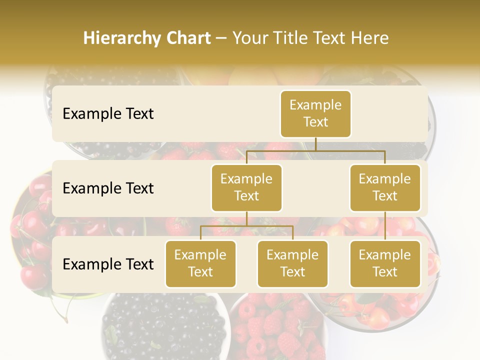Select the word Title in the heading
pyautogui.click(x=300, y=38)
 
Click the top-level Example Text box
pyautogui.click(x=315, y=114)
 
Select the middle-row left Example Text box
pyautogui.click(x=246, y=187)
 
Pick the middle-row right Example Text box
pyautogui.click(x=385, y=187)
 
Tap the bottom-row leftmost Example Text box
pyautogui.click(x=200, y=263)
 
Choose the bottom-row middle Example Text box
pyautogui.click(x=292, y=263)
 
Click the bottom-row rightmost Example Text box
pyautogui.click(x=385, y=263)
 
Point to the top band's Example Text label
pyautogui.click(x=108, y=114)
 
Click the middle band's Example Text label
pyautogui.click(x=108, y=188)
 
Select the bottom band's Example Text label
pyautogui.click(x=108, y=264)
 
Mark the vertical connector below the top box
pyautogui.click(x=315, y=144)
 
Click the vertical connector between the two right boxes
pyautogui.click(x=385, y=226)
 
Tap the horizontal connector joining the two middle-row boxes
pyautogui.click(x=315, y=150)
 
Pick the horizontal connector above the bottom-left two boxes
pyautogui.click(x=246, y=226)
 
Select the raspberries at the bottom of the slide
pyautogui.click(x=275, y=327)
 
